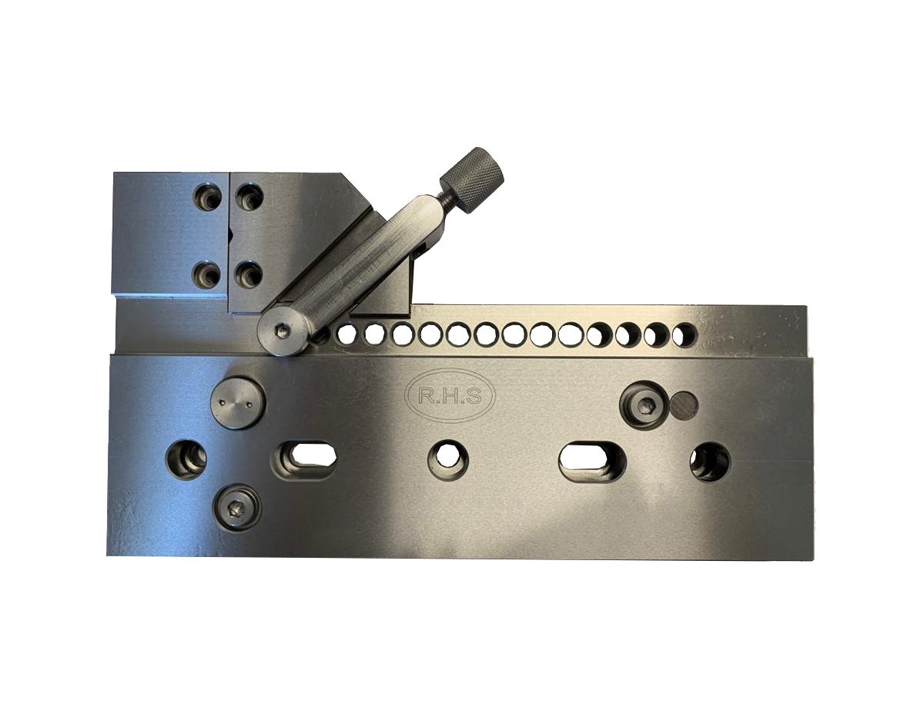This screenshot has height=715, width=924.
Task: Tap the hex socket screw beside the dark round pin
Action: coord(644,403)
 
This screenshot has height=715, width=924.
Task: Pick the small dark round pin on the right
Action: coord(683,402)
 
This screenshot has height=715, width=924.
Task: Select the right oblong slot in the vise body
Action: coord(592,460)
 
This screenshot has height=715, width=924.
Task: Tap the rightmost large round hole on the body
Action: coord(709,462)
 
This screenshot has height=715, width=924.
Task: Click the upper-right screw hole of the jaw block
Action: coord(249,196)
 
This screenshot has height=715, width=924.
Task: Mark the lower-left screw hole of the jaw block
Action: coord(208,274)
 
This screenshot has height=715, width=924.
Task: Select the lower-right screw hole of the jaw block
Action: coord(249,274)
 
